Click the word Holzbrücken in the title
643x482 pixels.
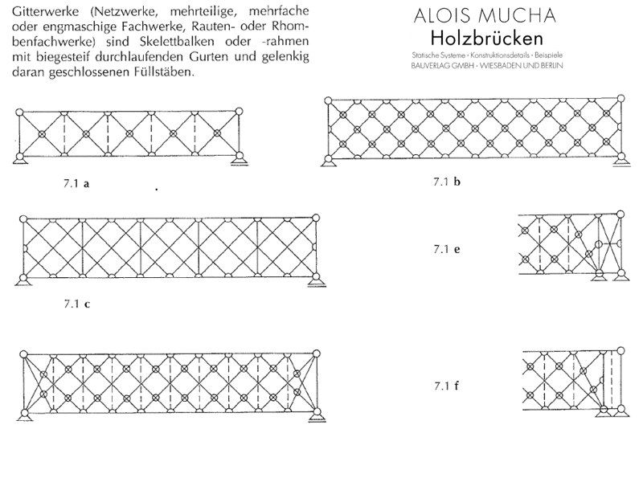[x=487, y=39]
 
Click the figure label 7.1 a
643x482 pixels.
[x=76, y=183]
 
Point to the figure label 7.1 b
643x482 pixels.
[x=447, y=182]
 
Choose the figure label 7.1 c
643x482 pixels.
[x=76, y=304]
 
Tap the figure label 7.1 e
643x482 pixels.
[x=447, y=249]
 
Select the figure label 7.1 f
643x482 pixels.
[x=447, y=386]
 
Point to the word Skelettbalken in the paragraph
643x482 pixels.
[x=178, y=42]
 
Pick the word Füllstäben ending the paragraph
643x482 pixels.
[x=163, y=71]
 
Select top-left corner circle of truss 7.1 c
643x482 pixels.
[x=23, y=219]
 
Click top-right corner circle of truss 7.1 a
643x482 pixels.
[x=239, y=111]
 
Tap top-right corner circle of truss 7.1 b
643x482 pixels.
[x=620, y=98]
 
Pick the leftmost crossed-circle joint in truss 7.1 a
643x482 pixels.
[x=42, y=133]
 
